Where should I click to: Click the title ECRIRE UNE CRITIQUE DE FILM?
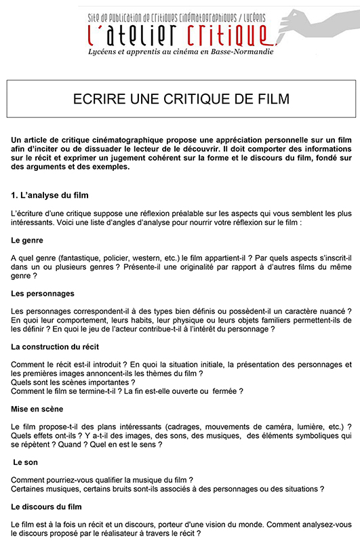point(181,99)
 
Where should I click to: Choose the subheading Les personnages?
point(43,294)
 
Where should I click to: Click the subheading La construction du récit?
point(56,346)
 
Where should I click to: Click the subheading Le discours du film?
point(47,506)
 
